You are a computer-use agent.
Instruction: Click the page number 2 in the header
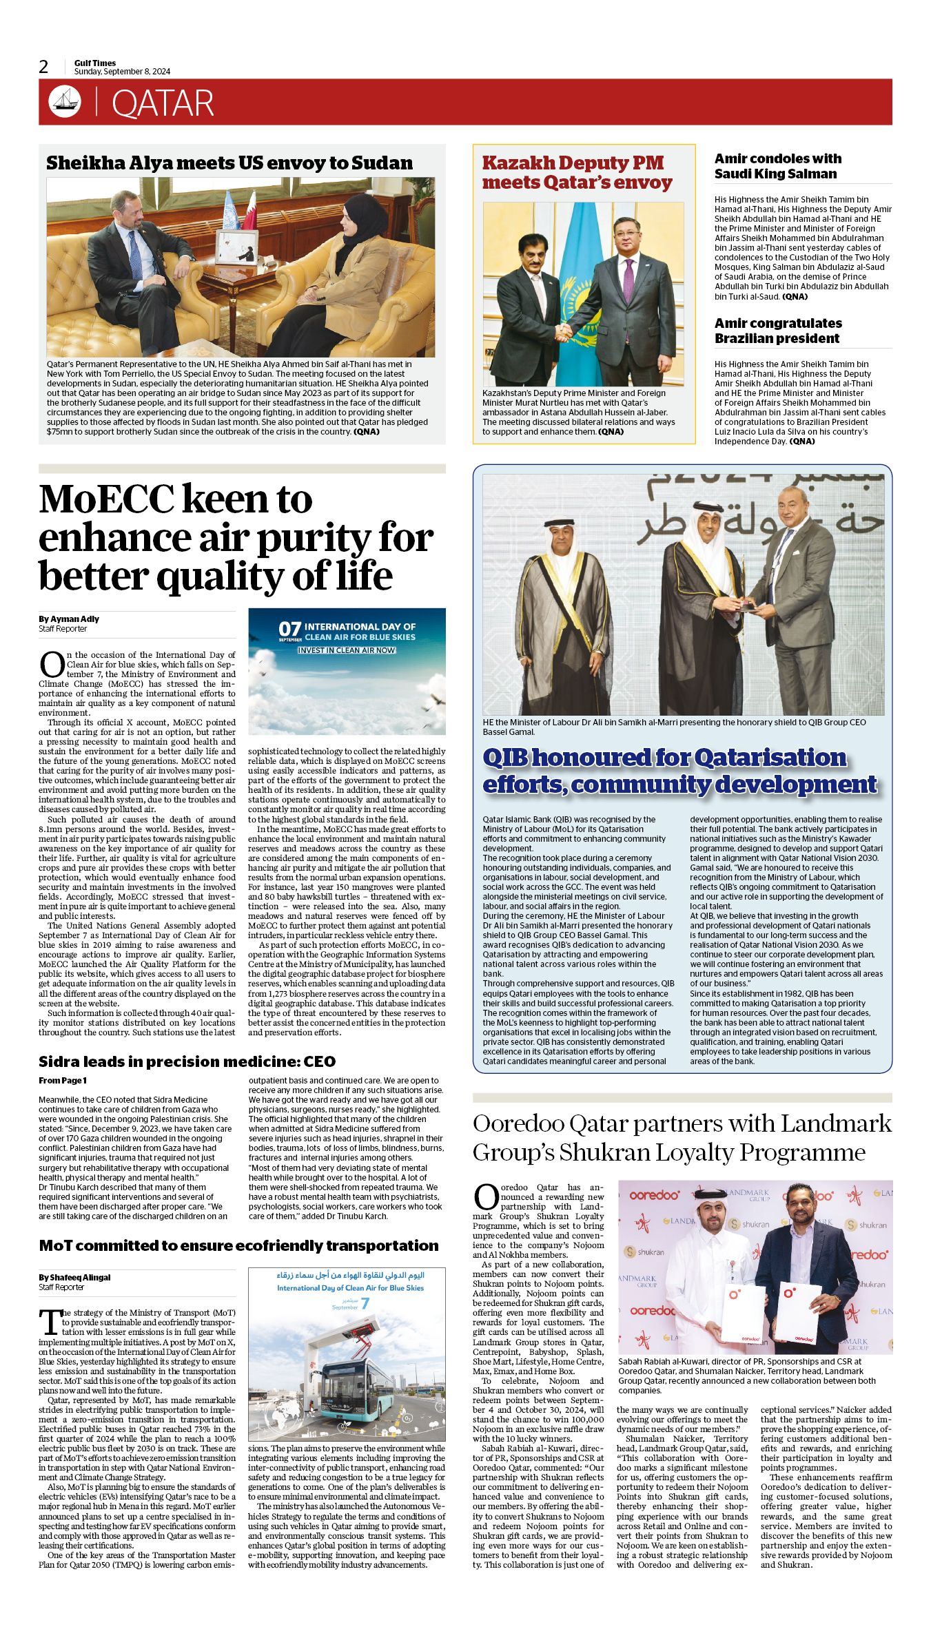click(44, 67)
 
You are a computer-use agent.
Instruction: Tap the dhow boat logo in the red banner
click(64, 101)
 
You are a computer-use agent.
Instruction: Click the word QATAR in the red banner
click(163, 103)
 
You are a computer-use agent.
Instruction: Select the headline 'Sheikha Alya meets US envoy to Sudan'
click(229, 163)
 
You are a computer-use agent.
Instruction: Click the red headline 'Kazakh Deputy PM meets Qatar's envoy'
click(577, 173)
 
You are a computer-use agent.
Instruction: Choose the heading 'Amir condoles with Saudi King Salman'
click(777, 166)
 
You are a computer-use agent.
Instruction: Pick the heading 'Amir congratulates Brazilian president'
click(778, 331)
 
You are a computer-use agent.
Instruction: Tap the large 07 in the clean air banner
click(290, 629)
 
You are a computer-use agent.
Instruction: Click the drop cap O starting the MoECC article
click(51, 664)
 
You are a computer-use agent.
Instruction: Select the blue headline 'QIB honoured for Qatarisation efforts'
click(679, 771)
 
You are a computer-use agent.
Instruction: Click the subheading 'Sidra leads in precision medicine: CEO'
click(187, 1061)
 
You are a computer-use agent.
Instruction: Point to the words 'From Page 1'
click(63, 1080)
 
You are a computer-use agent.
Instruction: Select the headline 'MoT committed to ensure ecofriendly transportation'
click(238, 1245)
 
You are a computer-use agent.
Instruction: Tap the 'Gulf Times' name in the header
click(95, 63)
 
